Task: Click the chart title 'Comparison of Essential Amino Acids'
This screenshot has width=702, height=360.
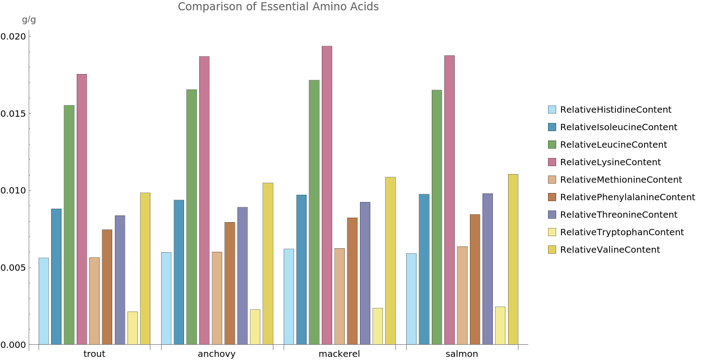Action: click(278, 7)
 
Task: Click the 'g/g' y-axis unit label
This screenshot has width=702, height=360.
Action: click(29, 20)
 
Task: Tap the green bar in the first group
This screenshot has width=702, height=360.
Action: click(69, 225)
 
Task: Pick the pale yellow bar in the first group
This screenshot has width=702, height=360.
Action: click(132, 328)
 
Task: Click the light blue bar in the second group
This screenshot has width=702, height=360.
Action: click(166, 299)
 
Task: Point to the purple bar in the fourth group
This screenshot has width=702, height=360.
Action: click(487, 269)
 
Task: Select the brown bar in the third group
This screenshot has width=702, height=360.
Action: click(352, 281)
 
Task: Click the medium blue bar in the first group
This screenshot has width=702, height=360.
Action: click(56, 277)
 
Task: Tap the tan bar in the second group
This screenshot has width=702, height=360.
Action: click(217, 298)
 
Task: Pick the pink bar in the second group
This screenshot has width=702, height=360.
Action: click(204, 200)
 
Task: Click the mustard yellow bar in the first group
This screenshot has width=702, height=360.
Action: click(145, 269)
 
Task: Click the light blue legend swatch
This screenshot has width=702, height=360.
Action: click(552, 110)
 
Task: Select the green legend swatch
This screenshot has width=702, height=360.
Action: click(552, 145)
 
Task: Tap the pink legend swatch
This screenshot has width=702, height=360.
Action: click(552, 162)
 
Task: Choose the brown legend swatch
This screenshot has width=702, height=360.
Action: click(552, 197)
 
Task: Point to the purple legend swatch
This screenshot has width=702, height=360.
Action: click(552, 215)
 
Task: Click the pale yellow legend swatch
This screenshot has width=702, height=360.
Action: click(552, 232)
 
